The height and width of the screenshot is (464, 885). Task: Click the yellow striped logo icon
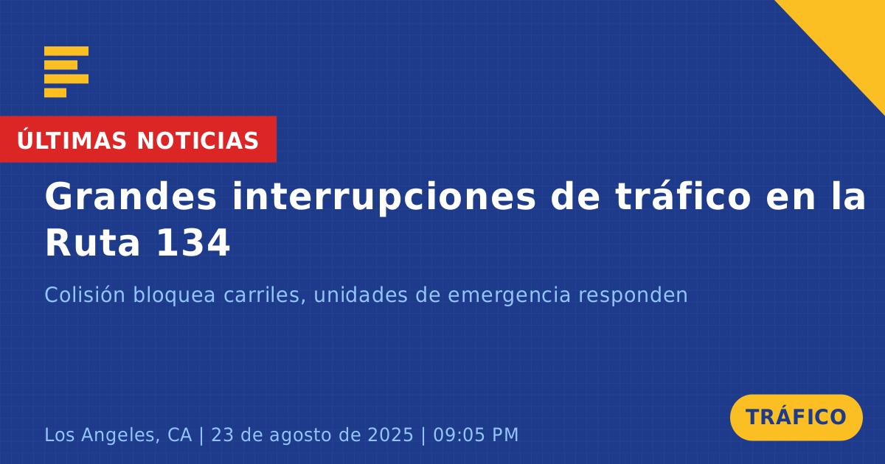coord(66,72)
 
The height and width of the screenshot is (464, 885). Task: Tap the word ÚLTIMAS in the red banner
coord(72,139)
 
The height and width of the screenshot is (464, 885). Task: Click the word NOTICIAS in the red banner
coord(198,141)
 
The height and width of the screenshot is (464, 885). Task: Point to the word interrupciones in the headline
coord(383,198)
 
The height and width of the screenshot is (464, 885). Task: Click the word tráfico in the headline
coord(683,196)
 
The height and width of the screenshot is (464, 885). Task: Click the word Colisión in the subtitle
coord(85,295)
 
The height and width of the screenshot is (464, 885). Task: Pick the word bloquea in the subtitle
coord(174,295)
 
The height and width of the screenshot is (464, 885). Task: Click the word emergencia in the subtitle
coord(510,296)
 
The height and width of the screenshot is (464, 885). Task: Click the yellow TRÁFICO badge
coord(796,417)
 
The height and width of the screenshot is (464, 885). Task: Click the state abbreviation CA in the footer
coord(180,435)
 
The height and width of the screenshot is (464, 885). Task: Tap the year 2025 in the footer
coord(390,435)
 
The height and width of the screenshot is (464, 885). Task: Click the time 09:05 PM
coord(476,435)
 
